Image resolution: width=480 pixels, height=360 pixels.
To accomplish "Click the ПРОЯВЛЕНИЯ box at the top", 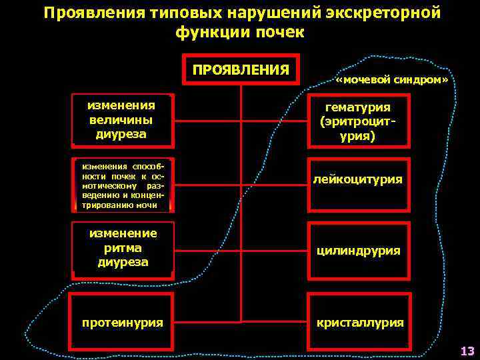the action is pyautogui.click(x=241, y=70).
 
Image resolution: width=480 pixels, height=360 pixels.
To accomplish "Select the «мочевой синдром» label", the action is pyautogui.click(x=392, y=80).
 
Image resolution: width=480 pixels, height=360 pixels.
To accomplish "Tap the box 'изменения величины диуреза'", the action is pyautogui.click(x=121, y=120).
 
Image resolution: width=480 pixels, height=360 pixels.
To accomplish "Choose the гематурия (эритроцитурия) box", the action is pyautogui.click(x=357, y=121).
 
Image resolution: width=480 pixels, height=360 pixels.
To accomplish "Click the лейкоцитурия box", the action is pyautogui.click(x=358, y=179).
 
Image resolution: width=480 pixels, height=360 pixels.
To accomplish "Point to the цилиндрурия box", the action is pyautogui.click(x=358, y=251).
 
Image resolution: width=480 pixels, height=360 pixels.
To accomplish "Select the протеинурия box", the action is pyautogui.click(x=122, y=322).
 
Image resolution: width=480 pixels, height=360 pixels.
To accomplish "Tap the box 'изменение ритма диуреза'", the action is pyautogui.click(x=122, y=247).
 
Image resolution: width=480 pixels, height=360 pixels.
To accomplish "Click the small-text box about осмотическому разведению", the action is pyautogui.click(x=122, y=184).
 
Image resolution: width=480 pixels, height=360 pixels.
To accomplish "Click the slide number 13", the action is pyautogui.click(x=467, y=351).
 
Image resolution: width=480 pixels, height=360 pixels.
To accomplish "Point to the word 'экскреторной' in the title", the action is pyautogui.click(x=379, y=13).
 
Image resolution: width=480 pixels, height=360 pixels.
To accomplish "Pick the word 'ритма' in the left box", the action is pyautogui.click(x=122, y=248).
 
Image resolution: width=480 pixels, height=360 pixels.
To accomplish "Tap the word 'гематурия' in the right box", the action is pyautogui.click(x=357, y=107).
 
